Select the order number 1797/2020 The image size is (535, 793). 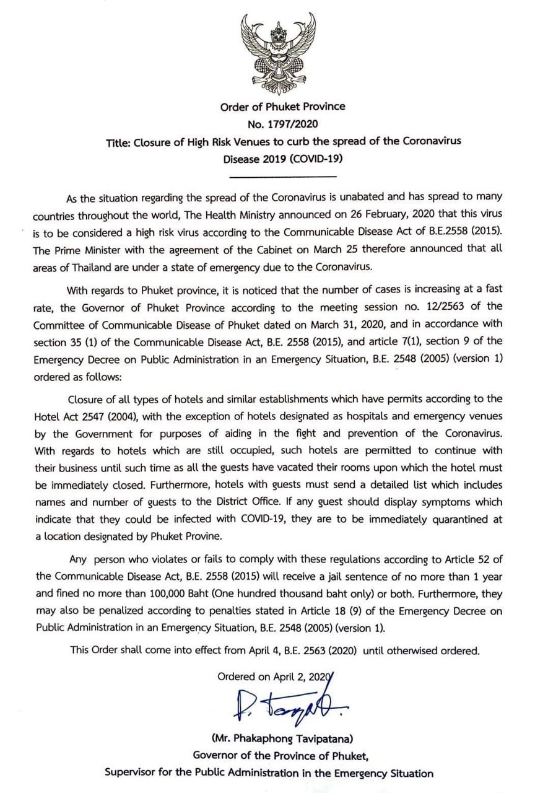pyautogui.click(x=294, y=123)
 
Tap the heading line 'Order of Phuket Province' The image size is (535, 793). pyautogui.click(x=282, y=107)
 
